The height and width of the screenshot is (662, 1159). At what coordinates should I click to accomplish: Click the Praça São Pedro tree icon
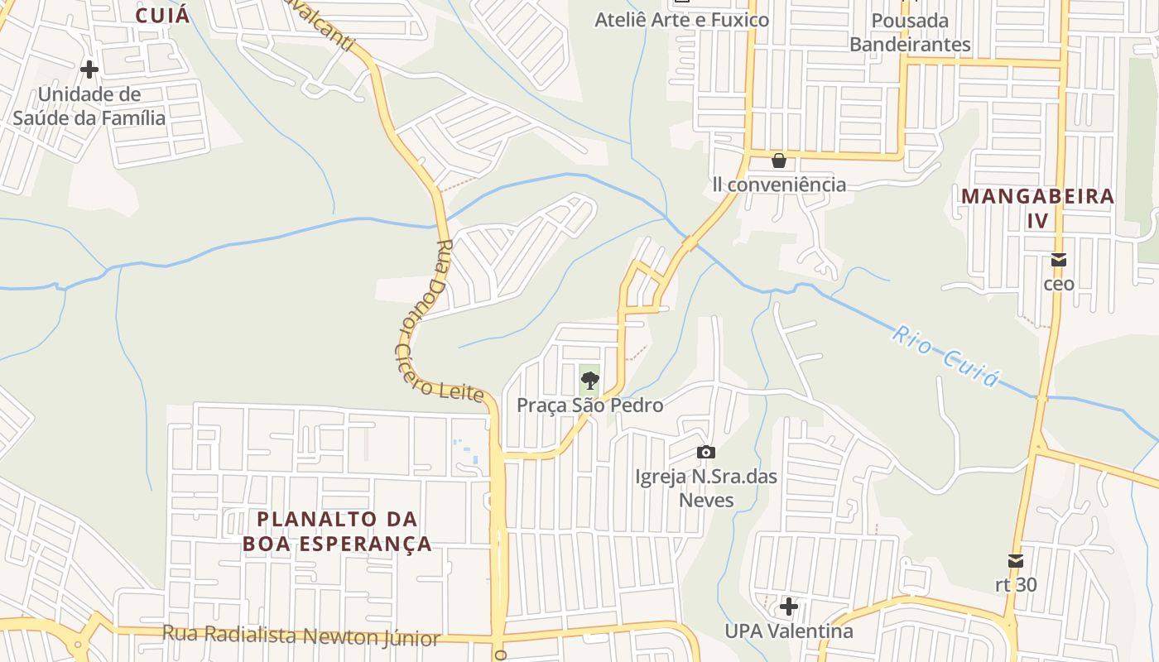(589, 381)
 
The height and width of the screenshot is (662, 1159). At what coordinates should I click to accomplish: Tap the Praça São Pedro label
(589, 405)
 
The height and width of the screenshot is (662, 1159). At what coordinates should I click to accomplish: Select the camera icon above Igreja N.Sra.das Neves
(705, 452)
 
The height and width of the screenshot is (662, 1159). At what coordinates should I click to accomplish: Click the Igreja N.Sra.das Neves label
(695, 488)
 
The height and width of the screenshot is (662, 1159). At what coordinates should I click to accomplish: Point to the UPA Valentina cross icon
(788, 607)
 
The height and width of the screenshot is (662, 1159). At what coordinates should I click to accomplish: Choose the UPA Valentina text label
(788, 631)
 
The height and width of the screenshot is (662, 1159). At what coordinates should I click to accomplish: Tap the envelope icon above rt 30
(1016, 561)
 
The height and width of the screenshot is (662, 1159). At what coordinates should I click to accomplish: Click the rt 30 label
(1016, 584)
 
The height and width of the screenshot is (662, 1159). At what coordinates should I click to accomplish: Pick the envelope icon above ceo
(1058, 260)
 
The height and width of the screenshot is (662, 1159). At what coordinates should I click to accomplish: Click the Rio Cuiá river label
(945, 356)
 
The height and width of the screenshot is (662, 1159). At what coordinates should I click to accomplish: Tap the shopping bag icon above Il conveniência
(778, 160)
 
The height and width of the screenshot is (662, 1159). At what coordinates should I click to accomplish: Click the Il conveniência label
(779, 185)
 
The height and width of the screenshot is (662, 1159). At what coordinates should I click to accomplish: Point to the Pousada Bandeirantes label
(910, 31)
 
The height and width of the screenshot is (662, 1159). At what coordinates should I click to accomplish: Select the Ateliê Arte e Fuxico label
(682, 19)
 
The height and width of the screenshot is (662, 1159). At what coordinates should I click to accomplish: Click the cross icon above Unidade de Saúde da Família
(89, 70)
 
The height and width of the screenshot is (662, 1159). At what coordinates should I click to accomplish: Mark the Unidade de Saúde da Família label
(89, 106)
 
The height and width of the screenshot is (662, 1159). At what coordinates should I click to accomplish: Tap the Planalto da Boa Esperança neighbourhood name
(337, 531)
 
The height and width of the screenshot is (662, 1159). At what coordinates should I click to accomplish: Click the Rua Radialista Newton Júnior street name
(301, 636)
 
